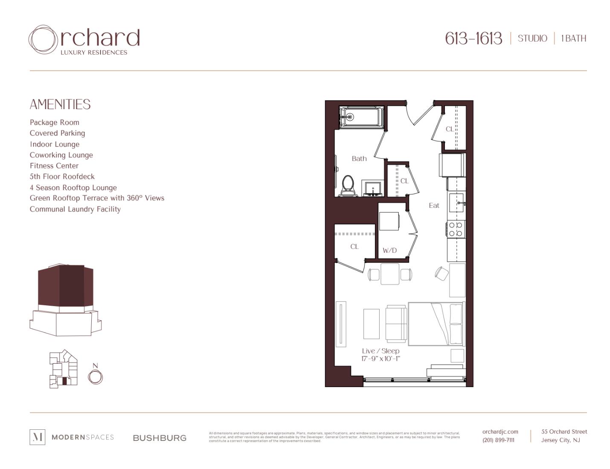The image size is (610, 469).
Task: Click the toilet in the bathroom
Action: (348, 186)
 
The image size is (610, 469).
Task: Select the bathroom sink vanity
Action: (373, 188)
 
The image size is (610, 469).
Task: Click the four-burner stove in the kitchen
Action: (456, 229)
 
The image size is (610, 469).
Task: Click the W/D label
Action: (389, 250)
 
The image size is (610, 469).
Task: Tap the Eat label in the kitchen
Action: (434, 206)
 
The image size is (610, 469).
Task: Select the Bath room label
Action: (359, 159)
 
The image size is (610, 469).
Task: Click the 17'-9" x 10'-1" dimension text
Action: (381, 359)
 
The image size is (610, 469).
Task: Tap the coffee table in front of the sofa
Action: (371, 324)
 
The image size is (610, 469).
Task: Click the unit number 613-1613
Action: (473, 38)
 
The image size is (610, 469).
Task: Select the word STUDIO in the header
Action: (532, 38)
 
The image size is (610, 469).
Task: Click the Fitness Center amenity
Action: (54, 166)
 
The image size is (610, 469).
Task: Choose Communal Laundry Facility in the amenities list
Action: (75, 209)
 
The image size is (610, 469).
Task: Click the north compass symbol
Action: (96, 376)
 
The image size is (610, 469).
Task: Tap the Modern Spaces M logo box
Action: (38, 437)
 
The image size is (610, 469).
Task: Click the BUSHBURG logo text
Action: (160, 438)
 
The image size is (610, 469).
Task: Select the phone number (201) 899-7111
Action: (498, 440)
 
